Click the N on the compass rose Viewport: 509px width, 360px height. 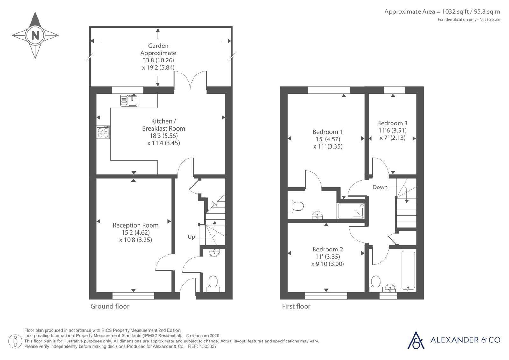(35, 35)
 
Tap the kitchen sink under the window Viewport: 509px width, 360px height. (129, 101)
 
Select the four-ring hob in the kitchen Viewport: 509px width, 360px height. (103, 132)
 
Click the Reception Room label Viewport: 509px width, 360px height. (135, 225)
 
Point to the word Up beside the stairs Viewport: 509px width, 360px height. (191, 237)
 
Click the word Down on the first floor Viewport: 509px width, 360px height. (380, 187)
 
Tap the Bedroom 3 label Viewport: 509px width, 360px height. (392, 123)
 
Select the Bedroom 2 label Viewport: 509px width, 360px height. (328, 249)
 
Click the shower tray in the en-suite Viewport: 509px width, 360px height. (351, 211)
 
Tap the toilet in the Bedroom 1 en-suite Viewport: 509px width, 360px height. (296, 206)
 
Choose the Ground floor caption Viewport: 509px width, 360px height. (110, 306)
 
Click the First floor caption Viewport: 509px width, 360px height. (296, 306)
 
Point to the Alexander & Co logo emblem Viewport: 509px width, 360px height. (416, 340)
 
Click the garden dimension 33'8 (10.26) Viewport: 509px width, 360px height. (158, 60)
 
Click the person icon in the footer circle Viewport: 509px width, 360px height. (15, 341)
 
